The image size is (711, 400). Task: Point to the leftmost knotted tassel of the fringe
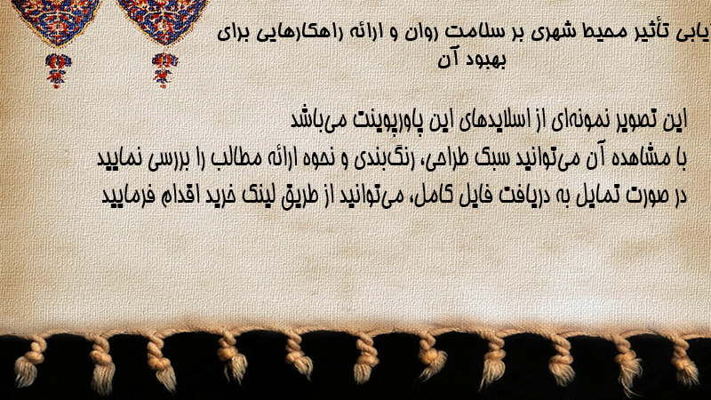pyautogui.click(x=28, y=363)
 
